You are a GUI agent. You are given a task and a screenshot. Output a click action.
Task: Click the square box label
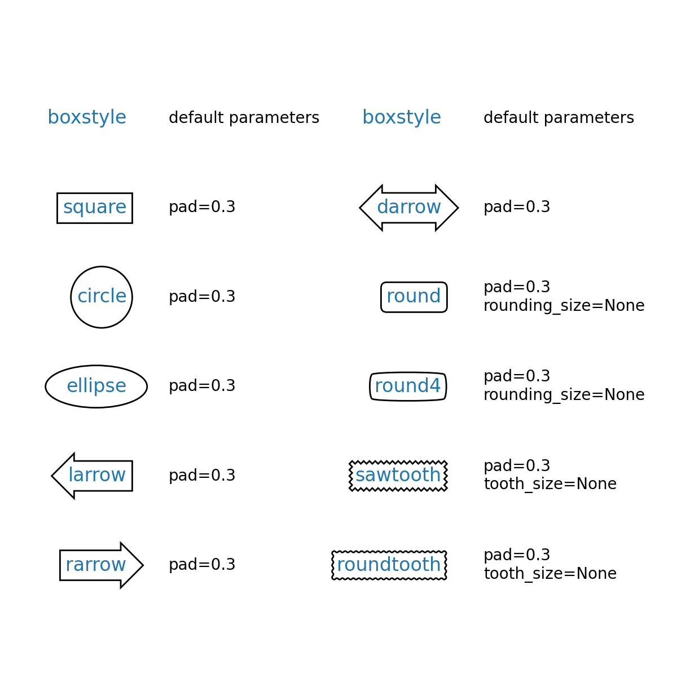95,208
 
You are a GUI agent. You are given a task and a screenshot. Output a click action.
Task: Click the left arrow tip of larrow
52,476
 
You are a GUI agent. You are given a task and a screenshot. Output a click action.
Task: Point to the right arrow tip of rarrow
143,565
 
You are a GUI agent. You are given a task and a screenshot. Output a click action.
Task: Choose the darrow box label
408,208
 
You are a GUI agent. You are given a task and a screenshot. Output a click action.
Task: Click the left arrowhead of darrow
360,208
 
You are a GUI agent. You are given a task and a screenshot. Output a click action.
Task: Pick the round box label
414,297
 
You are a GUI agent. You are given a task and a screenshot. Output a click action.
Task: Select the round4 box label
408,386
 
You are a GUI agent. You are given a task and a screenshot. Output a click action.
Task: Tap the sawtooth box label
398,476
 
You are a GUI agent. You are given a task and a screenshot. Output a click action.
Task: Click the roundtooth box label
389,565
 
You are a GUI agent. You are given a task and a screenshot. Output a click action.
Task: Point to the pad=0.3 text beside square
202,207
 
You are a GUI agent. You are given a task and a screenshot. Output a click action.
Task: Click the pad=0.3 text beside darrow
517,207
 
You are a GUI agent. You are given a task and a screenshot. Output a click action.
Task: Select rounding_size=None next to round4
564,395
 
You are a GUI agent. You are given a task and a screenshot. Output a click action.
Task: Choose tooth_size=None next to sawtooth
550,484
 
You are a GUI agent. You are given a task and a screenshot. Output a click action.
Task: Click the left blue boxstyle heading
87,117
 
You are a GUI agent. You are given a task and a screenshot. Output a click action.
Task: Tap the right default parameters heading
559,118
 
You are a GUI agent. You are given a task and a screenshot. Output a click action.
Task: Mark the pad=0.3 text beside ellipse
202,386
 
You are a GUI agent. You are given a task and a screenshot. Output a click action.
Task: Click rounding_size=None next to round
564,306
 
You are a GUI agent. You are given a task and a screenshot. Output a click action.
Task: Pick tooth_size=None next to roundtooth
550,574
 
